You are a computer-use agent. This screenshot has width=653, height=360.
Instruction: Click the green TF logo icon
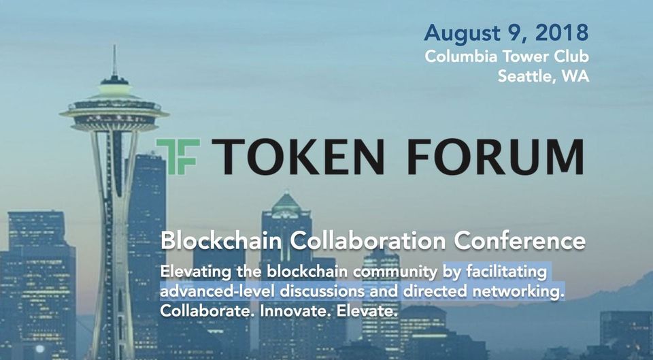click(x=178, y=157)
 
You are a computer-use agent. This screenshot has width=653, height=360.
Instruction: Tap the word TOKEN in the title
click(x=298, y=157)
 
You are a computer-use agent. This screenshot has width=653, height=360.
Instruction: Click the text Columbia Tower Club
click(x=507, y=56)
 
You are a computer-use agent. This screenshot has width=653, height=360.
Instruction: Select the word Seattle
click(x=526, y=77)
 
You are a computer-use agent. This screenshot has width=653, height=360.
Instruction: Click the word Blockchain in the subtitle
click(x=223, y=241)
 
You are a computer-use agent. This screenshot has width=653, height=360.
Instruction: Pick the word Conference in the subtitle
click(x=520, y=241)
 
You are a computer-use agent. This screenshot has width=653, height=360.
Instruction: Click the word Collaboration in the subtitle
click(x=368, y=241)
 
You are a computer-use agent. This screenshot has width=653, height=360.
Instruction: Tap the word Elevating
click(x=196, y=272)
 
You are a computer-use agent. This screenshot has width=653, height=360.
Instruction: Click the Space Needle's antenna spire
click(x=114, y=61)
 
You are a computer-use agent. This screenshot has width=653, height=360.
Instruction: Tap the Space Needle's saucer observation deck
click(x=114, y=109)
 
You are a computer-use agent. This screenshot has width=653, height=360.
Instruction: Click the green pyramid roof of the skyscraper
click(x=286, y=203)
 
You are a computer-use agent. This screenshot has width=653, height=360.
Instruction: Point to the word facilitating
click(x=506, y=272)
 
